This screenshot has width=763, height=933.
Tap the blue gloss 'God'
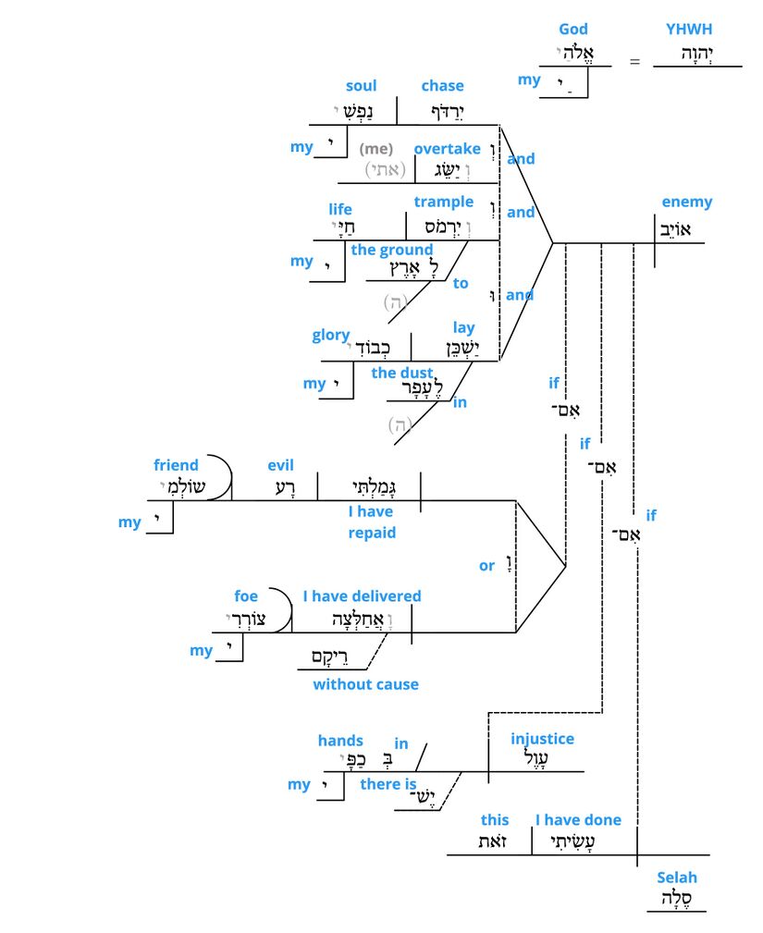573,30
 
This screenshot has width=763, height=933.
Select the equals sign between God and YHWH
634,62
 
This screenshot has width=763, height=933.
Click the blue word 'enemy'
687,203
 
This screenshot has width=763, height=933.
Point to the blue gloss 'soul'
362,86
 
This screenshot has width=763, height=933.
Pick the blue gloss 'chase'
442,86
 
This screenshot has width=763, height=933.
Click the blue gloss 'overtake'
448,149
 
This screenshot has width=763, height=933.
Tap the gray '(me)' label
376,149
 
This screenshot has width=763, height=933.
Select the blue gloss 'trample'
444,203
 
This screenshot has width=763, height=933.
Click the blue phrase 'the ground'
392,250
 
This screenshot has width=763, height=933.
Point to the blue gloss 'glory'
331,336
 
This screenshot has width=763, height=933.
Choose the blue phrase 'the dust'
402,374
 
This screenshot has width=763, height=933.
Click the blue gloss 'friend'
176,465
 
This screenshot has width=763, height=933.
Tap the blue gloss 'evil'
280,465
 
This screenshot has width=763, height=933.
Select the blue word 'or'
486,566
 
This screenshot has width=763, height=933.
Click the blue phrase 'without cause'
365,685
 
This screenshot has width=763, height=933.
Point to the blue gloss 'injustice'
542,739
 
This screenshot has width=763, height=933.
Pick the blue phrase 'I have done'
578,820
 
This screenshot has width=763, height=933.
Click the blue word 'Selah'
677,878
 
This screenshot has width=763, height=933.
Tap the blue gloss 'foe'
246,596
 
